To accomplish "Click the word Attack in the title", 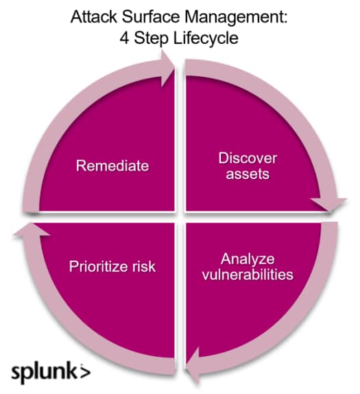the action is click(94, 17).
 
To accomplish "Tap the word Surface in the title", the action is click(151, 17).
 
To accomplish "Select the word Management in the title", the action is click(234, 18).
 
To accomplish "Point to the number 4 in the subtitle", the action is click(124, 38).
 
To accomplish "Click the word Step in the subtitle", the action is click(151, 39).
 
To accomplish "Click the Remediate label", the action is click(112, 166).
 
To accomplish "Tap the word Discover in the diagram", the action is click(248, 159).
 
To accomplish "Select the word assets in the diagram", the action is click(248, 174).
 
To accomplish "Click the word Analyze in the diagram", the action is click(248, 259).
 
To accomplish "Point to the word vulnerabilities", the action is click(248, 275).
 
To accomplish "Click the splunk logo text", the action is click(44, 372).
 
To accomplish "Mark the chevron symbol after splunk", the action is click(85, 371).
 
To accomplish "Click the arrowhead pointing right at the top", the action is click(167, 68).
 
